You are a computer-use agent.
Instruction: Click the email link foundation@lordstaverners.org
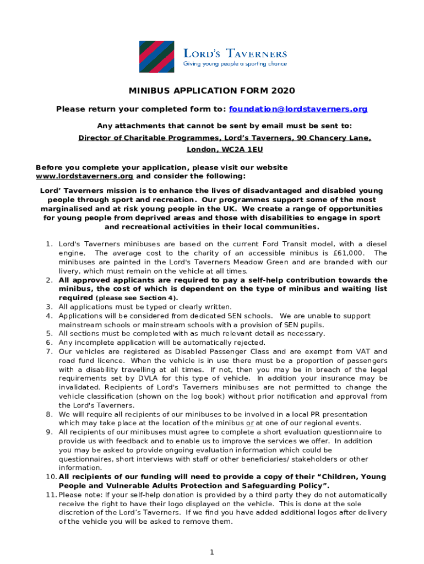tap(298, 109)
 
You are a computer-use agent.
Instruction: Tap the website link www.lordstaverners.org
tap(84, 176)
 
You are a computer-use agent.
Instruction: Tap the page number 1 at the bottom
tap(212, 552)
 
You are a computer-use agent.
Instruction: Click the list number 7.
tap(48, 351)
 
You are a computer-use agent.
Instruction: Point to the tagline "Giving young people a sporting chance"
tap(235, 64)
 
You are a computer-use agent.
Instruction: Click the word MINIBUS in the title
tap(149, 91)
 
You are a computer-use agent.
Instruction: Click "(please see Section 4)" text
tap(137, 298)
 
